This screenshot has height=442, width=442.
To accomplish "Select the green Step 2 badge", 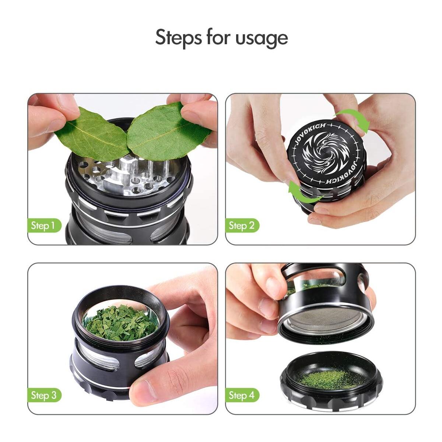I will pos(242,225).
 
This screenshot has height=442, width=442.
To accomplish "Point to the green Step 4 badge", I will pos(242,395).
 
